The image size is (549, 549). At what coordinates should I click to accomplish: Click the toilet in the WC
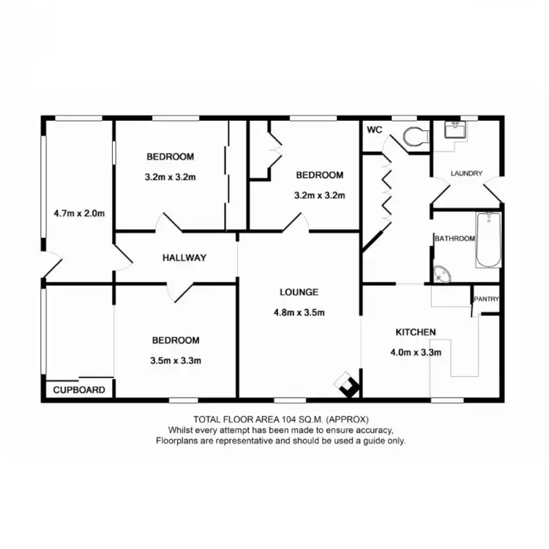417,136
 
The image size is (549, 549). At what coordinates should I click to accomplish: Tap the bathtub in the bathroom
488,240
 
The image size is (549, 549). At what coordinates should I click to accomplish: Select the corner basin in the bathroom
442,274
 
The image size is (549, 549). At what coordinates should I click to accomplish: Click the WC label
375,130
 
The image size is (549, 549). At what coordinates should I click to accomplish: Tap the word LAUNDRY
466,173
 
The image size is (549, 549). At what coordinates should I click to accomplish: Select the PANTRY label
486,299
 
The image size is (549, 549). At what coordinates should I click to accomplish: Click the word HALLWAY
184,258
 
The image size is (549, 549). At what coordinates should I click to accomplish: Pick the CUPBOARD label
79,390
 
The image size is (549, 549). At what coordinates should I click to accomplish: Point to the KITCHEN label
416,332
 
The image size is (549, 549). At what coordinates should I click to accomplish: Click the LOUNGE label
299,292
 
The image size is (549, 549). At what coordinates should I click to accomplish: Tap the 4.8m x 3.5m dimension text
299,313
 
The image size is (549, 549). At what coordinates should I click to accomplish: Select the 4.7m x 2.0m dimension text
80,214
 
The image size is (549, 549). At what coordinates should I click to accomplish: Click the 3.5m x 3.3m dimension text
176,360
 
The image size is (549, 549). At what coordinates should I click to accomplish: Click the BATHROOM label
455,239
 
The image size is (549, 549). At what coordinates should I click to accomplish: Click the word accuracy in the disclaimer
371,430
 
